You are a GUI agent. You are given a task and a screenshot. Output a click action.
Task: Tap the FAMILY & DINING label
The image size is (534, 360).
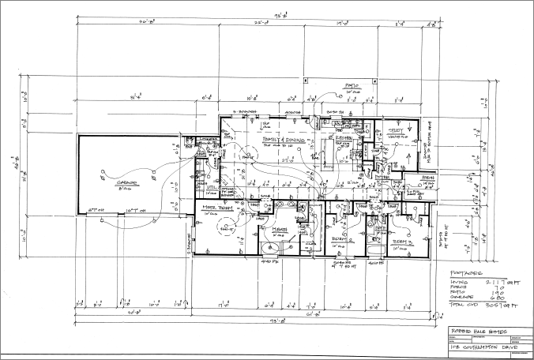[280, 137]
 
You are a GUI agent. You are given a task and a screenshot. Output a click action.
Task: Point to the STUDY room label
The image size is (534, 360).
[396, 132]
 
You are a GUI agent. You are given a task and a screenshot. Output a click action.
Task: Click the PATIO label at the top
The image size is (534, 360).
[351, 86]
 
